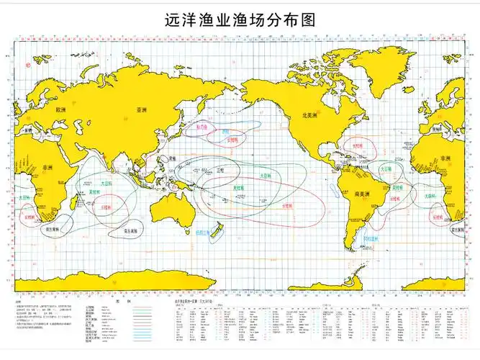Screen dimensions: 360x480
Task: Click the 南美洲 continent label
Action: point(361,192)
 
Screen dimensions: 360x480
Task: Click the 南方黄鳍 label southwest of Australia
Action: point(132,232)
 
